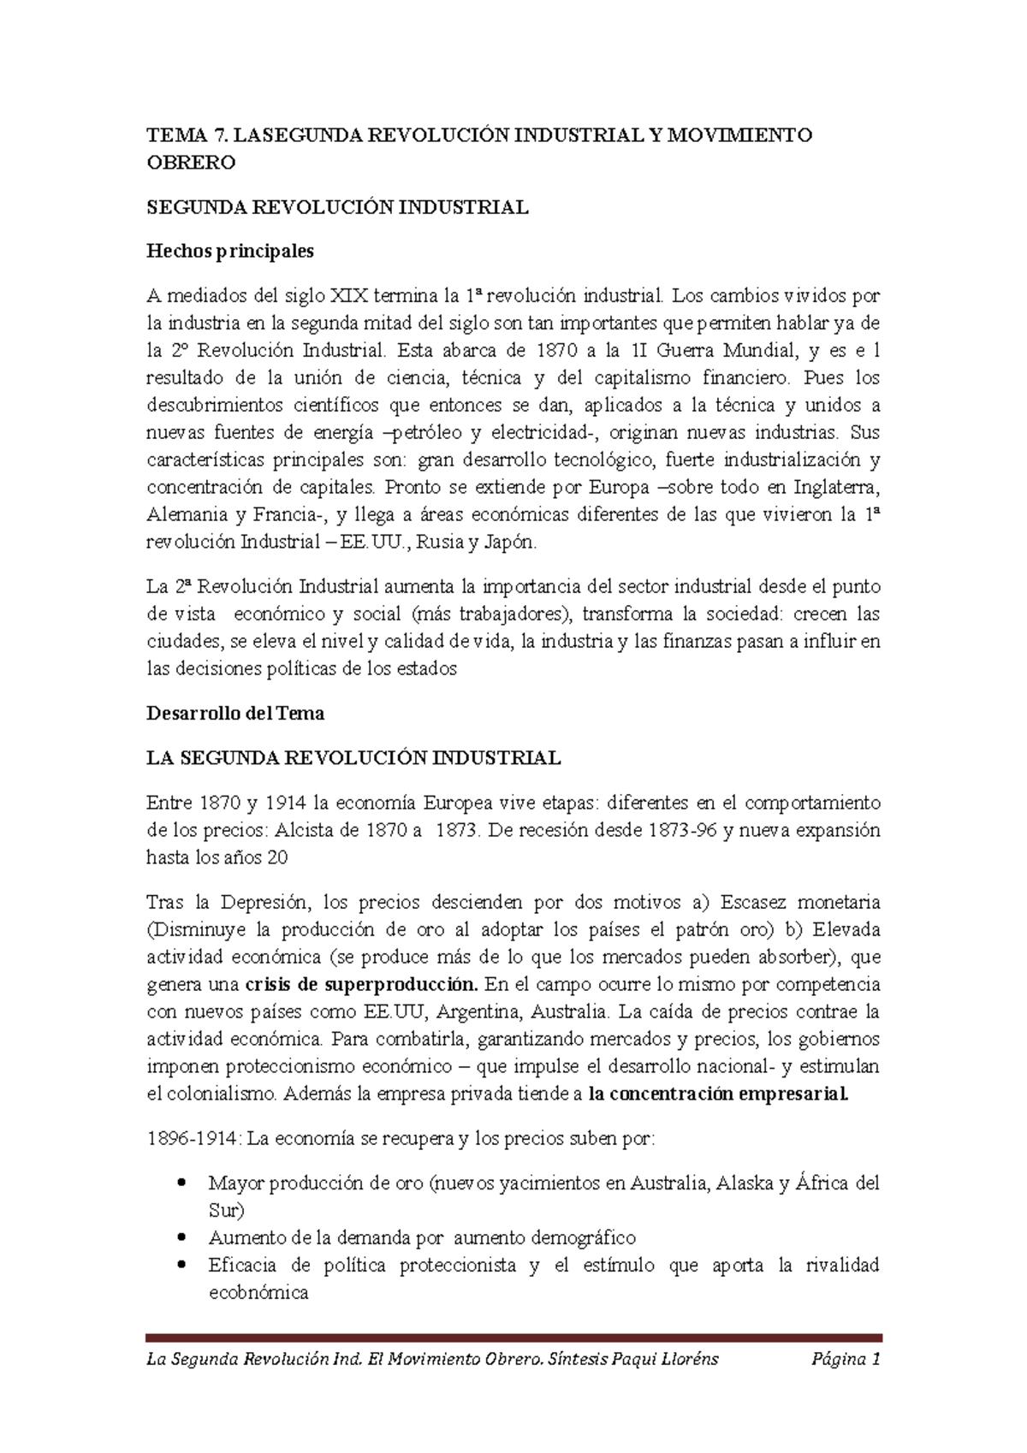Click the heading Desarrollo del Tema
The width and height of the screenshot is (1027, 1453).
coord(235,712)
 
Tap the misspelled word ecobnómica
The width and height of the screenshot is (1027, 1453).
coord(258,1293)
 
